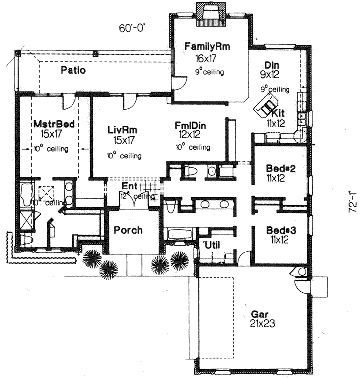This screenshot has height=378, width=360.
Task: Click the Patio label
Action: click(73, 70)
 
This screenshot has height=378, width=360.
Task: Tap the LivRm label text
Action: click(122, 130)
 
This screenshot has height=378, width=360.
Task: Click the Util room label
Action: click(213, 244)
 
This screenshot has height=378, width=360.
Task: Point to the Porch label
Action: click(128, 230)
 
